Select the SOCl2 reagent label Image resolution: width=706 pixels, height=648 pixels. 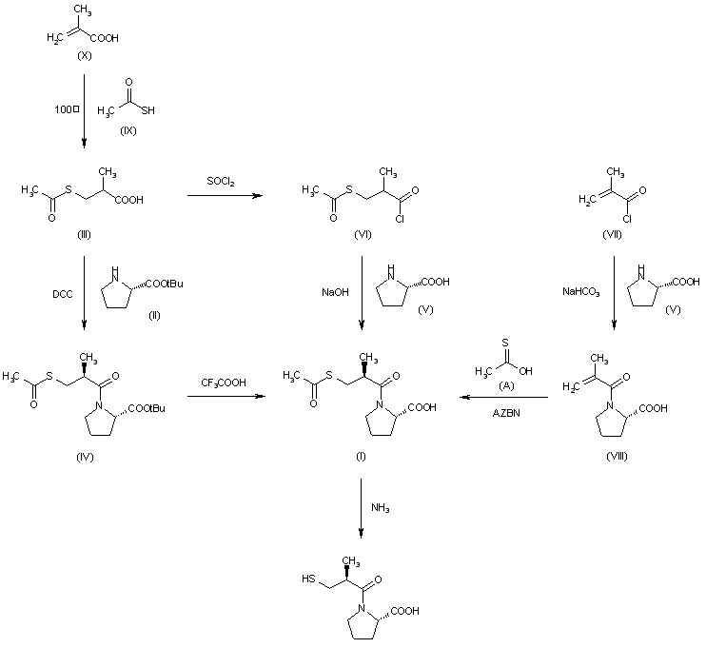[x=224, y=180]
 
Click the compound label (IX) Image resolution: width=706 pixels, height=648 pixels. [x=129, y=129]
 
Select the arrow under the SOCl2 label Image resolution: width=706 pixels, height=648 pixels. [x=226, y=196]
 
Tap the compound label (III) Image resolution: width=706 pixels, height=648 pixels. [x=84, y=234]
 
